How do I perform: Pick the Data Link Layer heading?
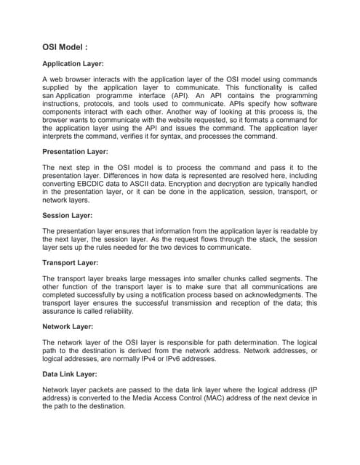click(x=71, y=373)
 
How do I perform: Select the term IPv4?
click(x=164, y=358)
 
